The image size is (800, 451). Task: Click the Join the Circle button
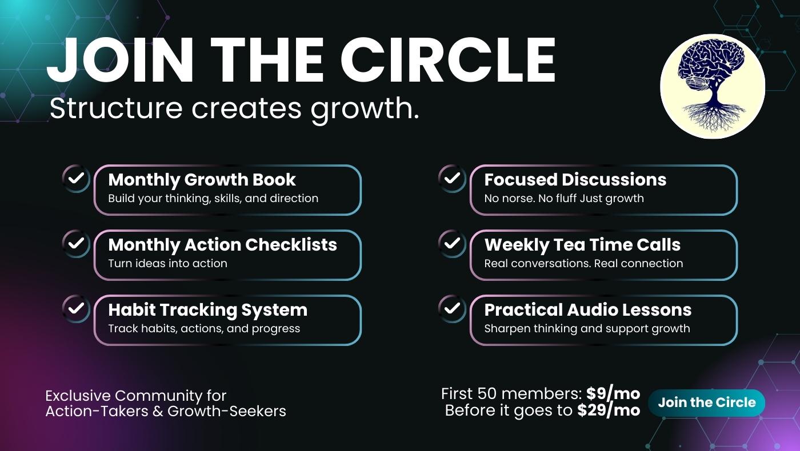click(x=706, y=402)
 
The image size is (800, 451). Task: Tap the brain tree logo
click(x=713, y=86)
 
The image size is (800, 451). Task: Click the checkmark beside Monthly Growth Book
click(x=76, y=178)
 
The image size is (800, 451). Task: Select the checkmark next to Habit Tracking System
click(x=76, y=308)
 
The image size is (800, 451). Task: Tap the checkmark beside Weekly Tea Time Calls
click(x=452, y=243)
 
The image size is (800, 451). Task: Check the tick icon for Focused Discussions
click(x=452, y=178)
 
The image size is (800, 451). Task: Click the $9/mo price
click(x=613, y=393)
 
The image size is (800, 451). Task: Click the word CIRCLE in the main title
click(x=448, y=61)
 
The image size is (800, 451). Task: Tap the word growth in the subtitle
click(x=362, y=110)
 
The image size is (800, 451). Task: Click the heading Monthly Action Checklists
click(x=222, y=245)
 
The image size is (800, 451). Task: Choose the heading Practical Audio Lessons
click(x=588, y=309)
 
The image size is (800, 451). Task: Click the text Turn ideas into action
click(x=167, y=263)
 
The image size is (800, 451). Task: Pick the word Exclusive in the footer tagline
click(x=78, y=396)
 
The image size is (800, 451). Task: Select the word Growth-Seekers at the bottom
click(x=227, y=412)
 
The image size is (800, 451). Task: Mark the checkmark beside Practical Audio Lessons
click(x=452, y=308)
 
